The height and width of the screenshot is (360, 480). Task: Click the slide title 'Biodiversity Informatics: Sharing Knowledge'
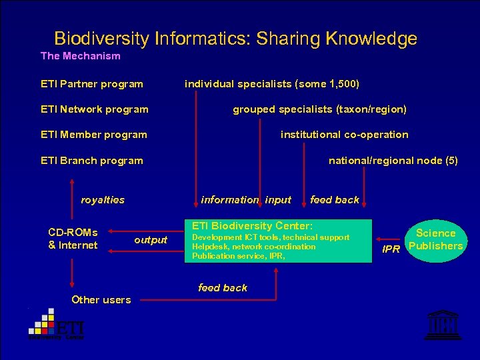click(x=235, y=39)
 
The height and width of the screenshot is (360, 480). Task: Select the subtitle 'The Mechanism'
click(x=81, y=56)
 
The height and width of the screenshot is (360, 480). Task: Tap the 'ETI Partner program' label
click(x=92, y=84)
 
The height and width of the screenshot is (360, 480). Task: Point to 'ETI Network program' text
click(x=95, y=109)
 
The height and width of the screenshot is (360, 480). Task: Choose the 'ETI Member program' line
click(x=94, y=135)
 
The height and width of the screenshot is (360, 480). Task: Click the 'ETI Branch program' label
click(x=92, y=161)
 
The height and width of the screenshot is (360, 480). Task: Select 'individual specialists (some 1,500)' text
click(x=272, y=84)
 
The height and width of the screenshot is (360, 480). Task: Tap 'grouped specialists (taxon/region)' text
click(x=319, y=109)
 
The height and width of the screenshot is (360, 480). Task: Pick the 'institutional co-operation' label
click(x=344, y=135)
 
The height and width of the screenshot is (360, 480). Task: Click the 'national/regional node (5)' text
click(x=393, y=161)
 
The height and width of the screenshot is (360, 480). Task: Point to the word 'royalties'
click(x=103, y=199)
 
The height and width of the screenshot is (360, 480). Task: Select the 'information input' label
click(x=246, y=199)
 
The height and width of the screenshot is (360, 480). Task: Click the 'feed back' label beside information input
click(x=335, y=199)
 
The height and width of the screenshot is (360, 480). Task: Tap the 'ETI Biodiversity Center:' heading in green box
click(x=253, y=226)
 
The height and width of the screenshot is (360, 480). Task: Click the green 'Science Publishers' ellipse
click(x=435, y=240)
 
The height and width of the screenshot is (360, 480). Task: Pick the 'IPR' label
click(x=391, y=249)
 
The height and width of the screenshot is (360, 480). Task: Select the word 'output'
click(x=151, y=240)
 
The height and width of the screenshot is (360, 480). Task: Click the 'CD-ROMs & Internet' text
click(x=73, y=239)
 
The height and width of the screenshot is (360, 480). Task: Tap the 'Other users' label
click(x=101, y=300)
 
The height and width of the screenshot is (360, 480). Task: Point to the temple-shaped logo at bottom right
click(x=439, y=326)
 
